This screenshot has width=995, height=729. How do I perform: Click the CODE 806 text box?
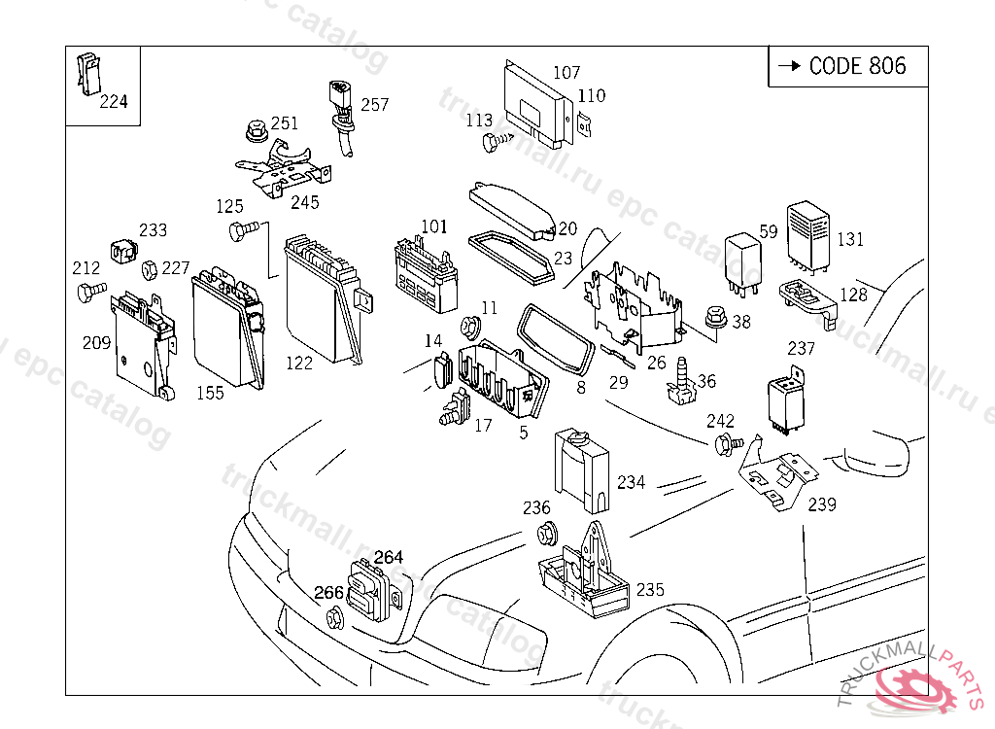click(847, 66)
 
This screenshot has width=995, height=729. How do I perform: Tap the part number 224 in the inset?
click(114, 102)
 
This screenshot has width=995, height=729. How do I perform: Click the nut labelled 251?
click(257, 129)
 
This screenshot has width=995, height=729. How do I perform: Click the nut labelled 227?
click(151, 269)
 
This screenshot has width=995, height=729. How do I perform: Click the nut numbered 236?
click(546, 533)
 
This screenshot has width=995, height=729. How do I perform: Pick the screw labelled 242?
click(726, 445)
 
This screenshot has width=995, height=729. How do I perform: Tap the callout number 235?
click(650, 590)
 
